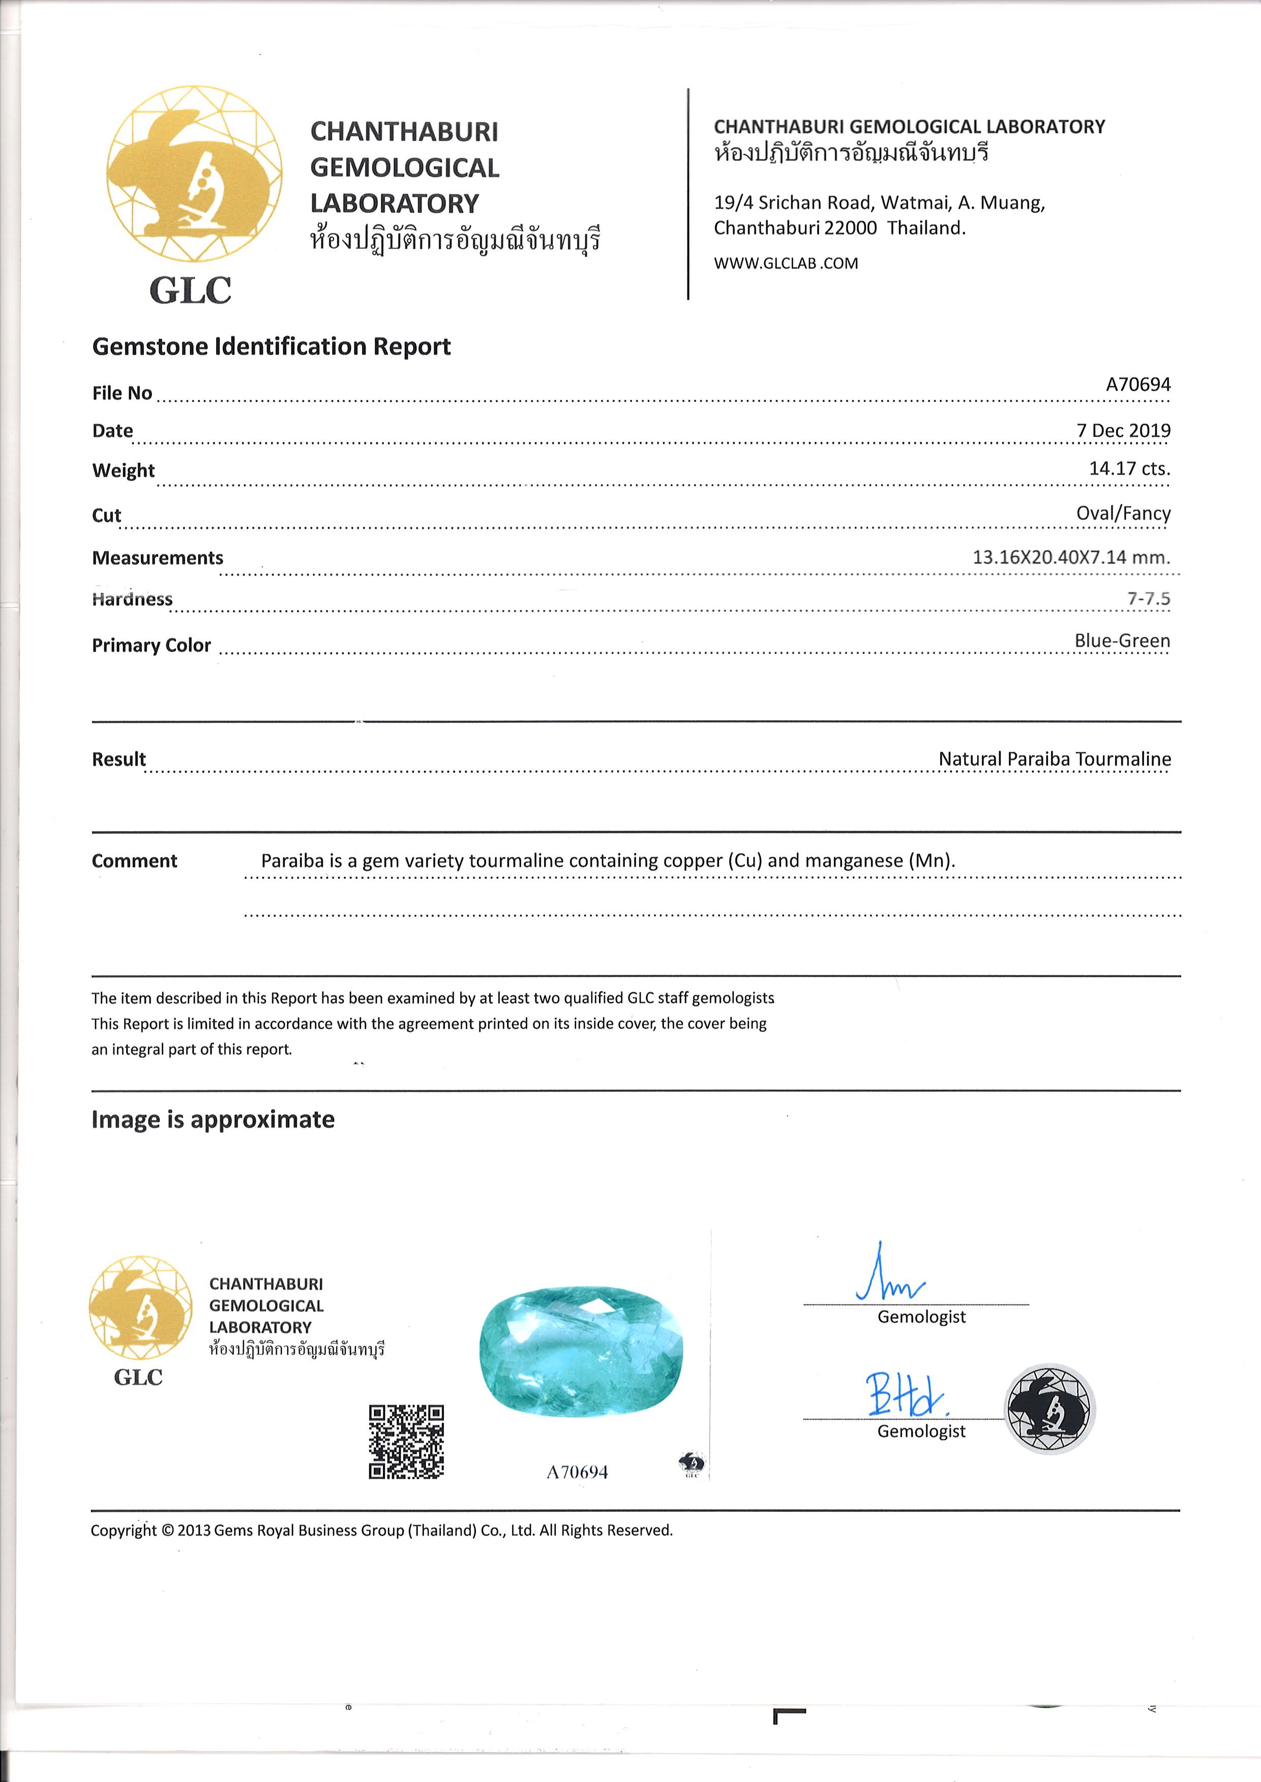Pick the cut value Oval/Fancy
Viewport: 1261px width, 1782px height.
pyautogui.click(x=1123, y=513)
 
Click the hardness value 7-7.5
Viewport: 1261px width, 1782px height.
pyautogui.click(x=1149, y=599)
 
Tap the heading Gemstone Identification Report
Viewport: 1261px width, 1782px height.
pyautogui.click(x=271, y=346)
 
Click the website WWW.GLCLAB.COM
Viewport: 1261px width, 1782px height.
pyautogui.click(x=786, y=263)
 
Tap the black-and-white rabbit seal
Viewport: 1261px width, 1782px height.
pyautogui.click(x=1050, y=1408)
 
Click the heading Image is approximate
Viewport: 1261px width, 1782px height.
pyautogui.click(x=213, y=1119)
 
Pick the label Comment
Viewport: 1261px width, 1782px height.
pyautogui.click(x=134, y=861)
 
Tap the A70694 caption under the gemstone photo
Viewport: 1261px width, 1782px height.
pyautogui.click(x=577, y=1472)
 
